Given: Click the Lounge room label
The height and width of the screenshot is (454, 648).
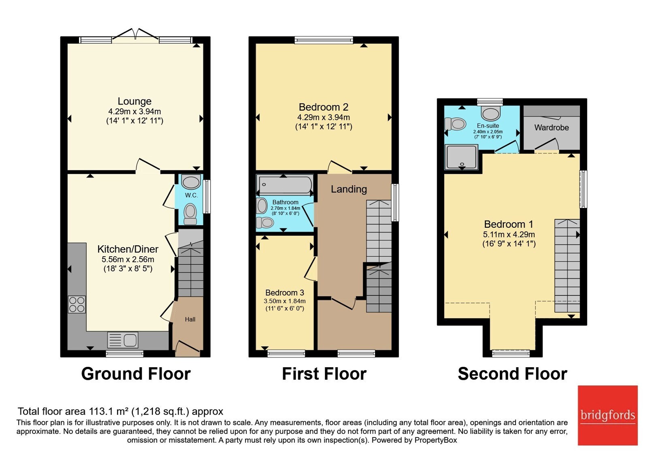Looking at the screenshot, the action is click(134, 101).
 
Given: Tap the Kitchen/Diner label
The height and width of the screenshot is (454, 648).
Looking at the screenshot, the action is click(128, 249).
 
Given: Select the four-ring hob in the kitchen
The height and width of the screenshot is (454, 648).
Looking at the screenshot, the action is click(77, 304).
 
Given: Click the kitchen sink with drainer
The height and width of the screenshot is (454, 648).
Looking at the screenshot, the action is click(123, 340).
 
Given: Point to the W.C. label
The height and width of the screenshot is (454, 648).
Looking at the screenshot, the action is click(192, 195).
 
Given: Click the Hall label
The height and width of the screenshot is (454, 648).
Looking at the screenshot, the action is click(190, 319).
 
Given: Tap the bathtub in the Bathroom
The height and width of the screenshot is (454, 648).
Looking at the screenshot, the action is click(285, 184).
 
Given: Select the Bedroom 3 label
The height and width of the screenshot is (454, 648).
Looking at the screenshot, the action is click(285, 293).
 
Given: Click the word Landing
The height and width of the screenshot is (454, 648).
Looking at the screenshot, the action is click(349, 189).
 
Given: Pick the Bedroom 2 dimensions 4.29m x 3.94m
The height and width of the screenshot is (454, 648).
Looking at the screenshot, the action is click(324, 118).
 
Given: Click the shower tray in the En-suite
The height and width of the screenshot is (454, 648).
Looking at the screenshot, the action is click(461, 157).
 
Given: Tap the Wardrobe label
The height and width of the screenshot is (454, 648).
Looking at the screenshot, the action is click(552, 127).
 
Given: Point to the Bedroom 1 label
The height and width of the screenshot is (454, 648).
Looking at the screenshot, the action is click(509, 224).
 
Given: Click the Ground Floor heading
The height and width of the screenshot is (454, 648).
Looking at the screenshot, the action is click(136, 374).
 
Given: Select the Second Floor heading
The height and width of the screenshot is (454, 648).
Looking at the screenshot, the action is click(513, 374).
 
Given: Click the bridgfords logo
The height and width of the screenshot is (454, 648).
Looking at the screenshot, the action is click(608, 415).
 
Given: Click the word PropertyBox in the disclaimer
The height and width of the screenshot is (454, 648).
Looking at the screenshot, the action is click(436, 440).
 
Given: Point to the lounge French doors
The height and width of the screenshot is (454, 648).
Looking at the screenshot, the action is click(135, 36).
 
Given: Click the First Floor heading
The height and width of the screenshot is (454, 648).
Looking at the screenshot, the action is click(324, 374).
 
